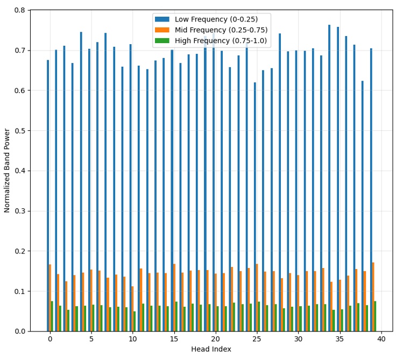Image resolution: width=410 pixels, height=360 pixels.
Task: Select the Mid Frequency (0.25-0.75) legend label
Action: pos(221,30)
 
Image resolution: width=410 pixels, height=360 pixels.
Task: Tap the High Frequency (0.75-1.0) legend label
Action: pos(221,41)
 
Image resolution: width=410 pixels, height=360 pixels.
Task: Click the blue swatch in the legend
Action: pos(162,19)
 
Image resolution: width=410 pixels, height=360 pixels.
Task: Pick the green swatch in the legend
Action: pos(162,41)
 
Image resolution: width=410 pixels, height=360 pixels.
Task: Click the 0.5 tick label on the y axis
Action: pos(19,131)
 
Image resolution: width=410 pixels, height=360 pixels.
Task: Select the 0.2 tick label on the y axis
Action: pos(19,251)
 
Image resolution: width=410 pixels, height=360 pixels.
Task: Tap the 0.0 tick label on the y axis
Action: pos(19,331)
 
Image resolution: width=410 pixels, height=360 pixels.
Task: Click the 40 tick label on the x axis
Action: pos(381,339)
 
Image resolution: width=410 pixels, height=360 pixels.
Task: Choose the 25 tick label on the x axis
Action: pos(257,339)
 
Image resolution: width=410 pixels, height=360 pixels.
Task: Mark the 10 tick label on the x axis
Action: pos(132,339)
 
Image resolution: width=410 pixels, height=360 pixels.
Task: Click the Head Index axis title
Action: pos(211,349)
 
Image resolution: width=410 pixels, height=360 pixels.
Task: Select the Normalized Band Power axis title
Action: pos(8,171)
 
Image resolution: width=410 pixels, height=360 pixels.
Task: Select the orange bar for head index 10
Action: pos(132,309)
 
